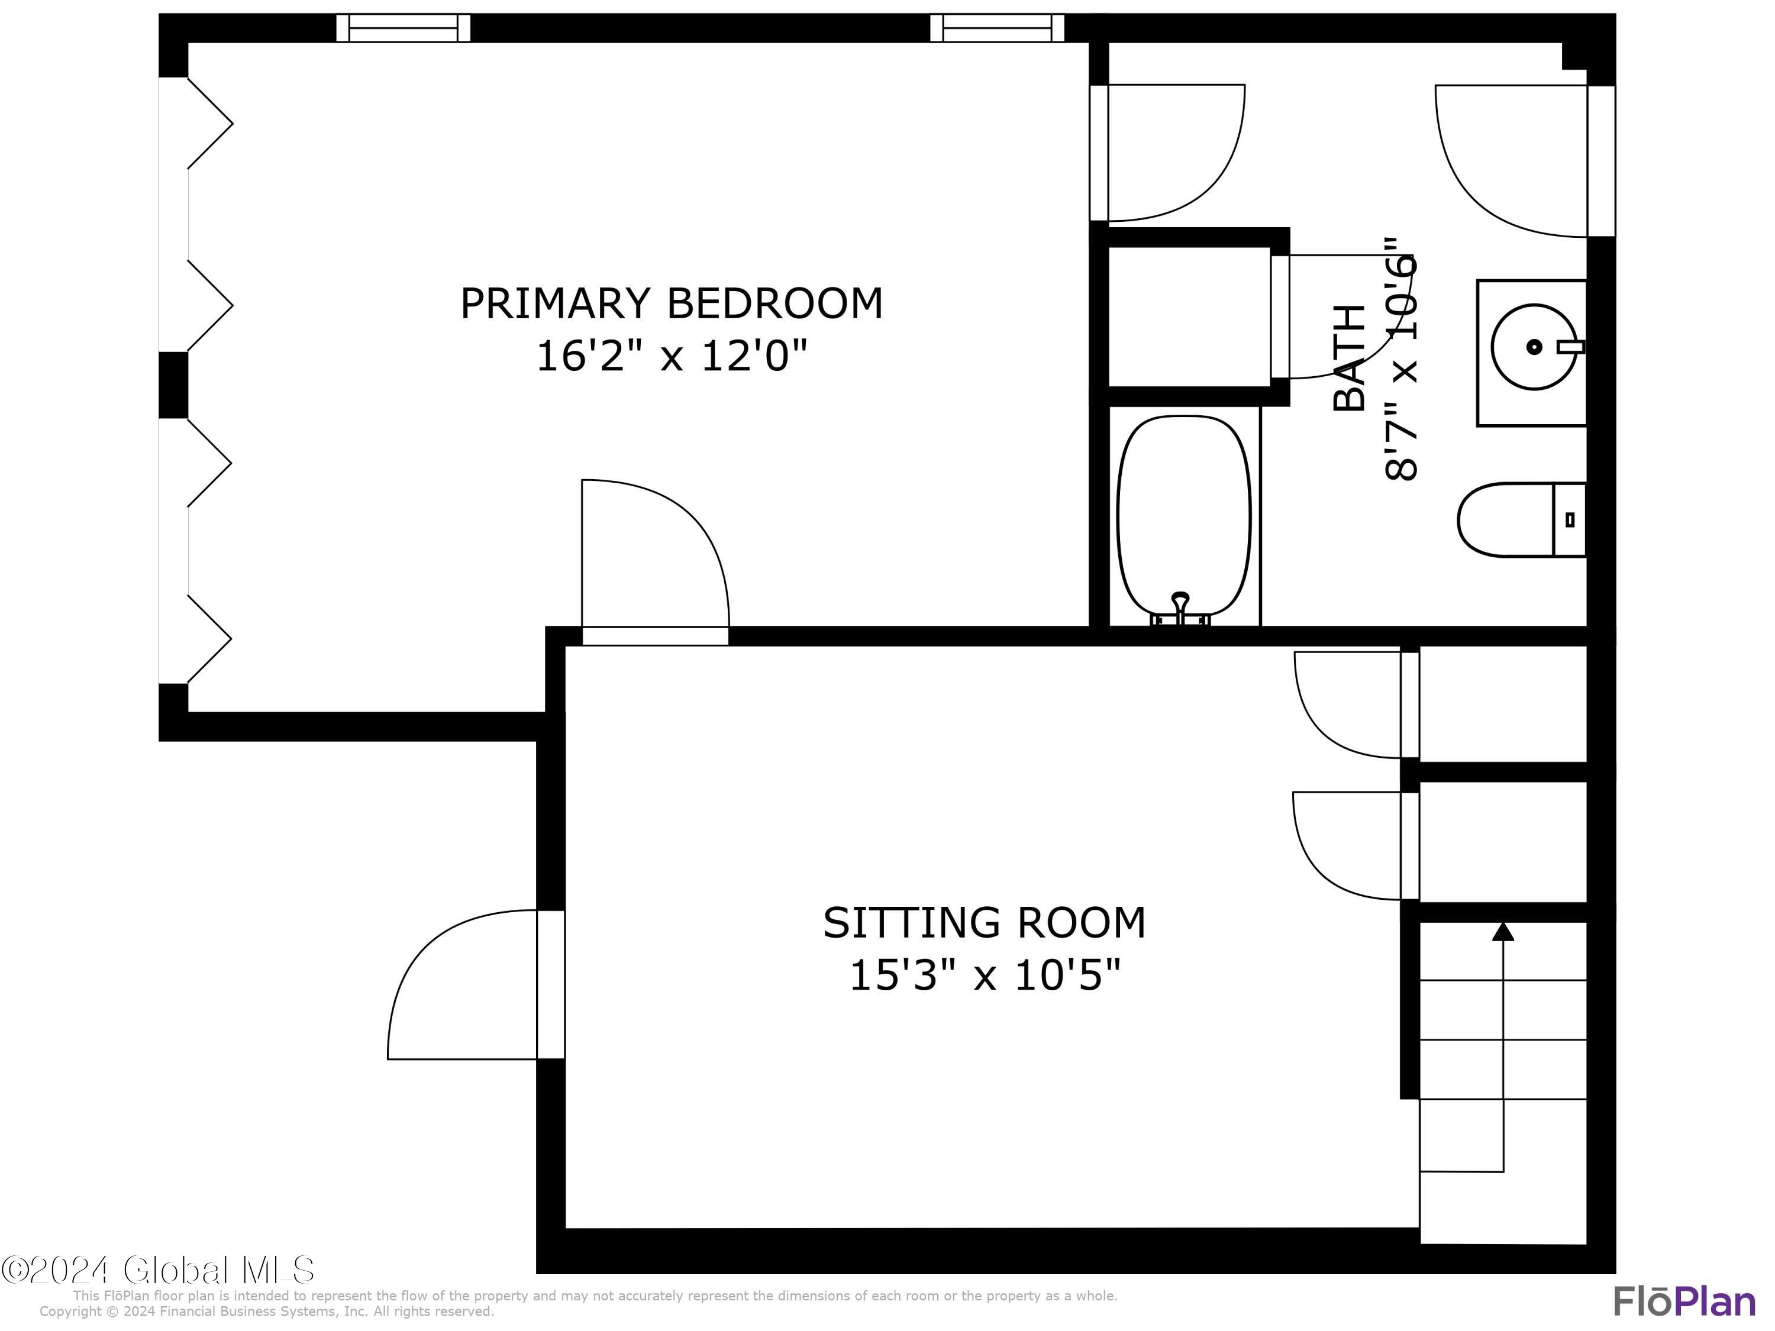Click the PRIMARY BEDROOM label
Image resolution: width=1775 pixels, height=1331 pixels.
[x=671, y=303]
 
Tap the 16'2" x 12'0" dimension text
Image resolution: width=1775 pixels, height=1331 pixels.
[x=671, y=356]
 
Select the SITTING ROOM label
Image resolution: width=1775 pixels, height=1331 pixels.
[x=984, y=923]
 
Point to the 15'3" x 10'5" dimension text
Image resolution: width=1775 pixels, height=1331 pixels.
[x=984, y=977]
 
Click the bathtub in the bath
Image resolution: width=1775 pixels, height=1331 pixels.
[x=1183, y=513]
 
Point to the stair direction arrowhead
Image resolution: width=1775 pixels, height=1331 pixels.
[x=1503, y=932]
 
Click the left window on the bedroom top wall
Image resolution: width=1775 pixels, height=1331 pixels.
[x=403, y=28]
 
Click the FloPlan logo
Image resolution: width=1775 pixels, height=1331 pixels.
[x=1683, y=1301]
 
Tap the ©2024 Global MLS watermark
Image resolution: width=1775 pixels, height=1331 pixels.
[x=158, y=1270]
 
